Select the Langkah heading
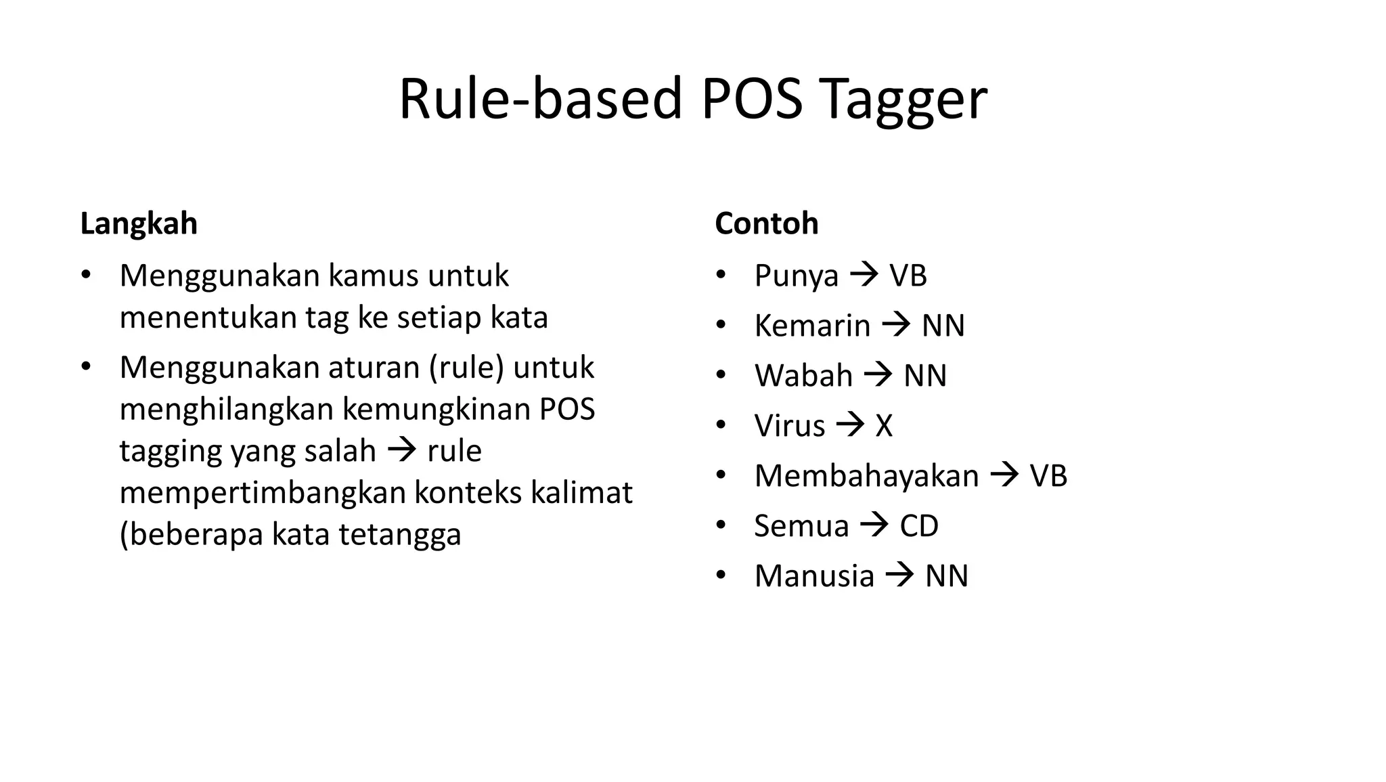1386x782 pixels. coord(139,223)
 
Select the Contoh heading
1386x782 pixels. coord(766,223)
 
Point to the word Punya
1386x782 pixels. coord(796,276)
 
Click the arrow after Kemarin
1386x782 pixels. coord(896,325)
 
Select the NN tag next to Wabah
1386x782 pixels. coord(925,376)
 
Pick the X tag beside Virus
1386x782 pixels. coord(884,426)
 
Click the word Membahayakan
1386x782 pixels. coord(866,476)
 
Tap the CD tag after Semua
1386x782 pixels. coord(919,526)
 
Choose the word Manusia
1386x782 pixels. coord(814,576)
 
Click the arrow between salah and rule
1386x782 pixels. coord(401,450)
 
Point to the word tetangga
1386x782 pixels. coord(399,535)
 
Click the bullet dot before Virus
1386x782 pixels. coord(721,425)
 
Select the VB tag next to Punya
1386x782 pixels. coord(908,276)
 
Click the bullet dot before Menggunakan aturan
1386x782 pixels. coord(85,367)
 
